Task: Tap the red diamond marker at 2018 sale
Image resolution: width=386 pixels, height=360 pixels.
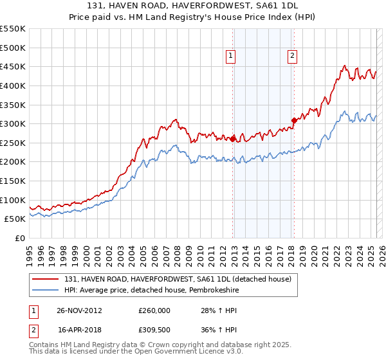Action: pos(294,120)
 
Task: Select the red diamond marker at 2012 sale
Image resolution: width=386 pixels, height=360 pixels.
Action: pos(233,138)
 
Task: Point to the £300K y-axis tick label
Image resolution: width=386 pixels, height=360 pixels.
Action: pos(13,123)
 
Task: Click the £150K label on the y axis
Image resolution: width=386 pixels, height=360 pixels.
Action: pos(13,181)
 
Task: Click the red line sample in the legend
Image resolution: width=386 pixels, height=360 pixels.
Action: pos(45,279)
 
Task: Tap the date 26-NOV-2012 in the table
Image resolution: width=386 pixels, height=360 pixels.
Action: pos(80,310)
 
